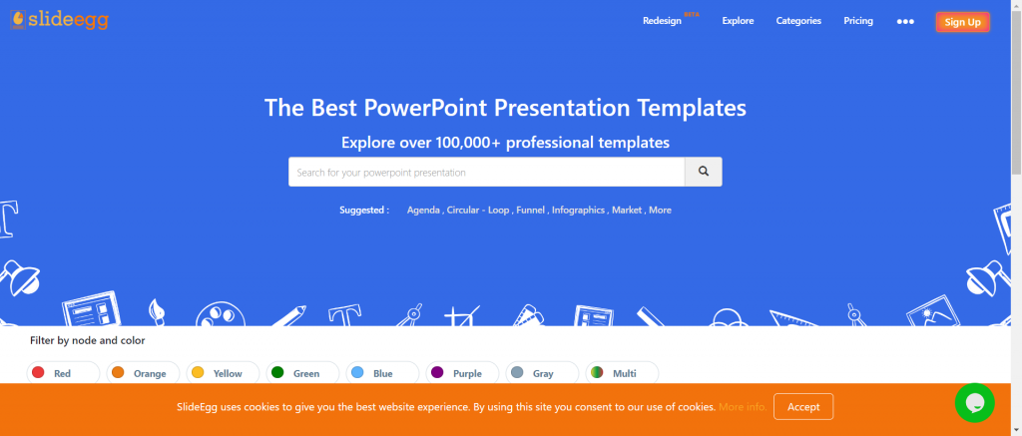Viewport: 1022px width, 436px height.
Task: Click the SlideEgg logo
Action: tap(59, 20)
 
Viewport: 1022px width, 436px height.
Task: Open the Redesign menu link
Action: tap(663, 21)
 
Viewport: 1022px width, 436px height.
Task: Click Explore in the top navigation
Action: tap(738, 21)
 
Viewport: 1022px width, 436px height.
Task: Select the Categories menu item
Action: tap(798, 21)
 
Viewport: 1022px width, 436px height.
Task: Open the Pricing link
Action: tap(858, 21)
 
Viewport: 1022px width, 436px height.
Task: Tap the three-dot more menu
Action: tap(905, 22)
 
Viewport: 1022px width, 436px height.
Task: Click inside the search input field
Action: tap(486, 172)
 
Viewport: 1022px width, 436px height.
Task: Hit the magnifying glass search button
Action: tap(704, 172)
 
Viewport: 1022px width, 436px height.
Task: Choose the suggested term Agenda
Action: tap(423, 211)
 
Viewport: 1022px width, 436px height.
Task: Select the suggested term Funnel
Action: tap(531, 211)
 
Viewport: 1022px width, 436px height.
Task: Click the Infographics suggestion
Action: tap(578, 211)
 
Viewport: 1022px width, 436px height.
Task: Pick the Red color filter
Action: tap(63, 373)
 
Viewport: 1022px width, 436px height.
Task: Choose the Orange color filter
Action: tap(143, 373)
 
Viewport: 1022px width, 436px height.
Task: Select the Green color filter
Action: tap(302, 373)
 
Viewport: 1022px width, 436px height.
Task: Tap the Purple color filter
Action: tap(462, 373)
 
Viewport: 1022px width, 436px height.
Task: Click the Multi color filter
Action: tap(622, 373)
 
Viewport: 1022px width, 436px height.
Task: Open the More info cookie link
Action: tap(743, 407)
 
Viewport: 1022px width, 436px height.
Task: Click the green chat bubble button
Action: tap(974, 403)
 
